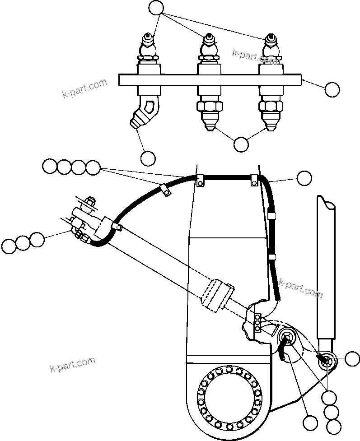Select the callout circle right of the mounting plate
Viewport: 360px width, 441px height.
tap(332, 89)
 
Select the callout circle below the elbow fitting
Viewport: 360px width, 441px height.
tap(148, 158)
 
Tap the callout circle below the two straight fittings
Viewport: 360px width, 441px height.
tap(241, 144)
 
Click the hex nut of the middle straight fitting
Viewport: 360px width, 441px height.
tap(209, 107)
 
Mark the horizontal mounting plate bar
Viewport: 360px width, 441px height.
tap(210, 80)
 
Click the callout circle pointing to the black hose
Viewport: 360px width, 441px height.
tap(304, 178)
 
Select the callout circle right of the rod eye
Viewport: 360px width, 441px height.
tap(352, 359)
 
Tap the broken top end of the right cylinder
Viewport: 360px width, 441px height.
tap(326, 203)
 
